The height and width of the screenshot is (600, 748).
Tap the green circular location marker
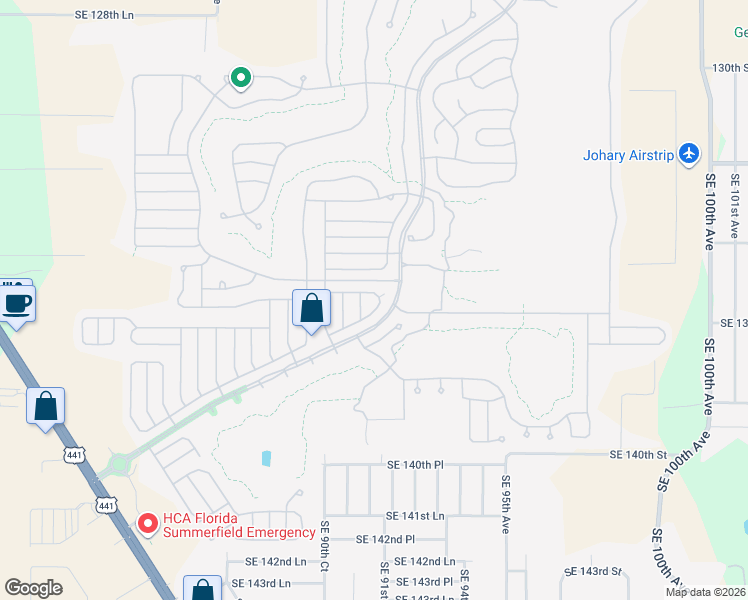(x=240, y=77)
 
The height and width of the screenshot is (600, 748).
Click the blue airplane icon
(x=688, y=154)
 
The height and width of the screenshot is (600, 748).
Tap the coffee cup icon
(x=17, y=301)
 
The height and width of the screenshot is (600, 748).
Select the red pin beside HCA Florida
(x=147, y=523)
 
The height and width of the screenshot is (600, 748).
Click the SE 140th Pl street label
(x=415, y=465)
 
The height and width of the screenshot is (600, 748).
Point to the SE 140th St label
(x=639, y=455)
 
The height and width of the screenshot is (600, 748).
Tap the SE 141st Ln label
(x=415, y=515)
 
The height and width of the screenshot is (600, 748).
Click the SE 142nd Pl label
(x=385, y=539)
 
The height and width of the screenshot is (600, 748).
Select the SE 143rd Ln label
(x=261, y=583)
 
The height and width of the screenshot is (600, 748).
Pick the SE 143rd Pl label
(x=425, y=582)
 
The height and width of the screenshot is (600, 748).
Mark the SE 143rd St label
(x=593, y=572)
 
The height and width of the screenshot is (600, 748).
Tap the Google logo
(x=34, y=588)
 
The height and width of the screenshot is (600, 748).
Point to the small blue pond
(x=266, y=458)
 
